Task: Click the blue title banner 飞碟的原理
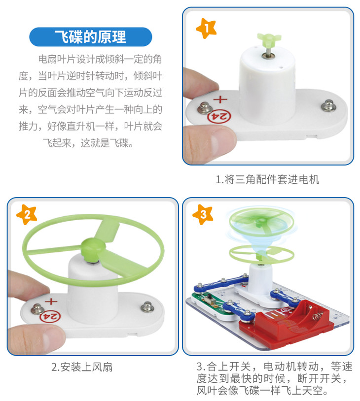pos(91,37)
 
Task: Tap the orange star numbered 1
pos(206,29)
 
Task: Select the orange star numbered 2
pos(27,215)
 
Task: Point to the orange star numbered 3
pos(203,215)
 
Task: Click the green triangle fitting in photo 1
pos(269,39)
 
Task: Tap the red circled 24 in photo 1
pos(219,117)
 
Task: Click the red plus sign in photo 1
pos(220,99)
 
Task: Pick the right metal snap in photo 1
pos(329,105)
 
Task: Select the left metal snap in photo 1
pos(205,108)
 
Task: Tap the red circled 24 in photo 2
pos(50,317)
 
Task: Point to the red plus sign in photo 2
pos(51,301)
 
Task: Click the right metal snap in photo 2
pos(147,306)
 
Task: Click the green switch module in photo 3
pos(215,305)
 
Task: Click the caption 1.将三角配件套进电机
pos(267,179)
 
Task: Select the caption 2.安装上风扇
pos(82,367)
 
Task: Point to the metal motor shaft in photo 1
pos(268,52)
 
